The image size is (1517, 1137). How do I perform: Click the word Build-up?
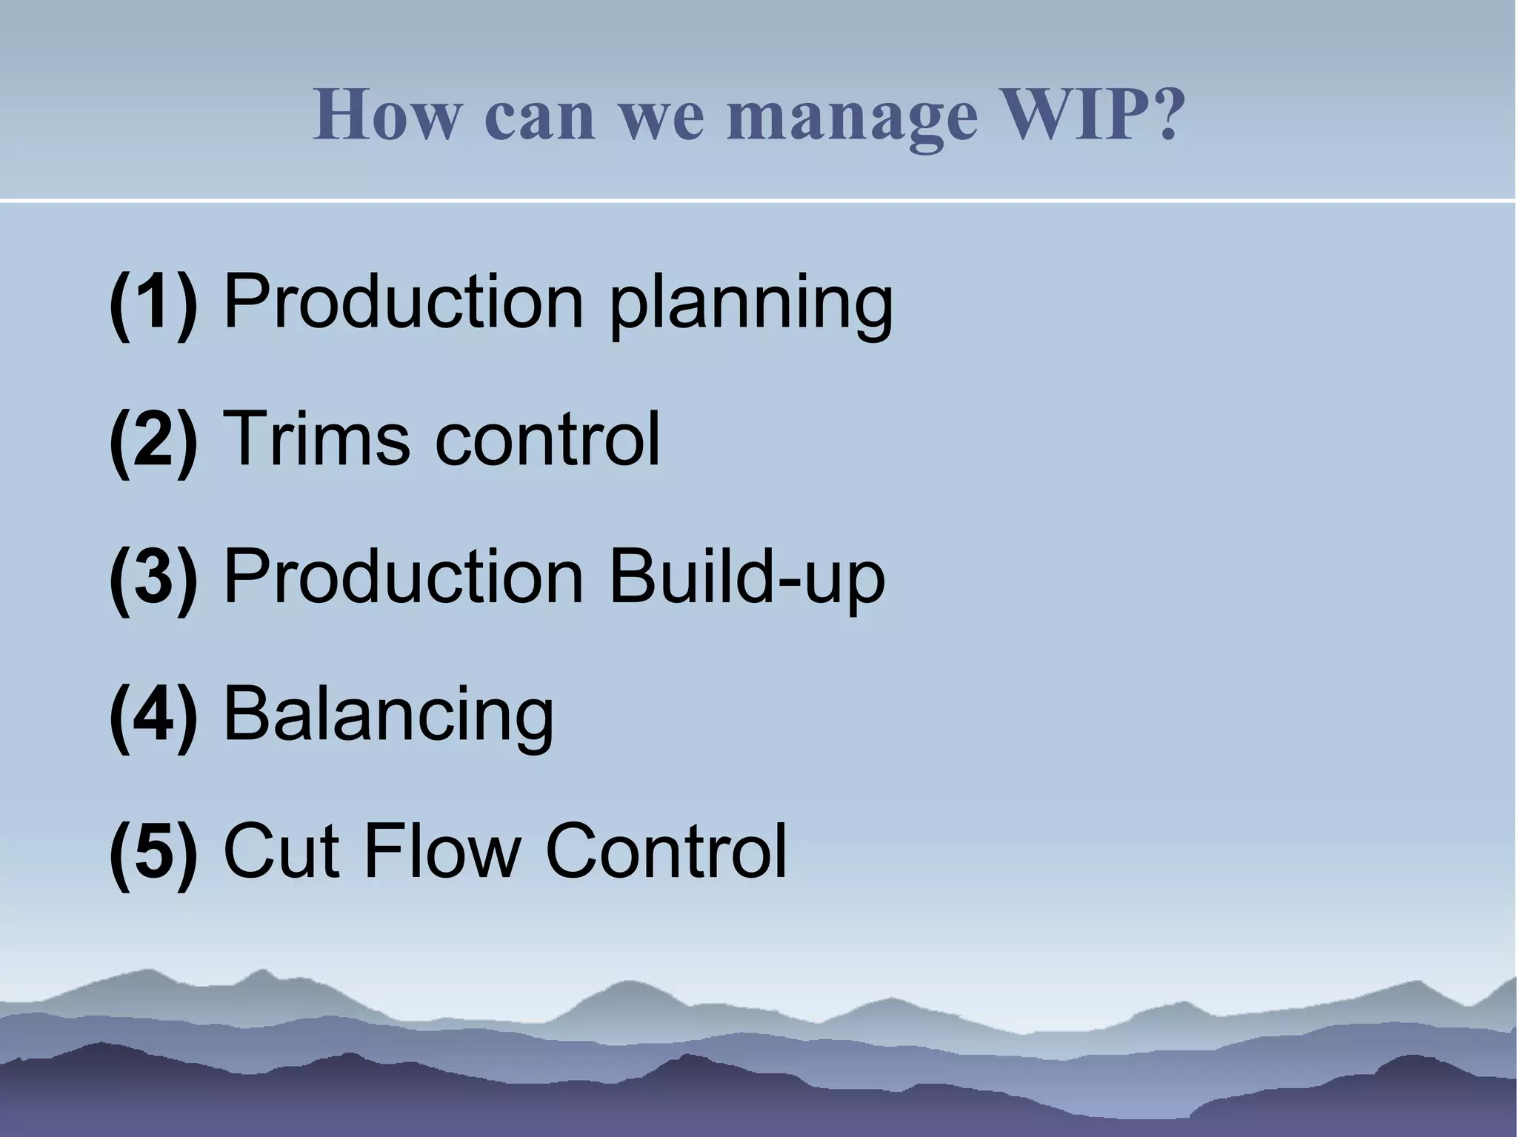pos(747,579)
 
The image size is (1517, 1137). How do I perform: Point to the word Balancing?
pos(388,717)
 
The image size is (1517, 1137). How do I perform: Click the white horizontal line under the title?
pos(758,200)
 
